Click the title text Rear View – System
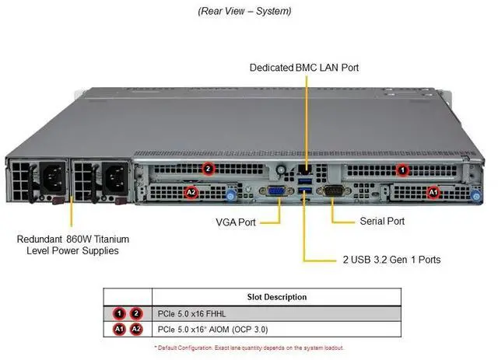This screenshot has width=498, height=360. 245,11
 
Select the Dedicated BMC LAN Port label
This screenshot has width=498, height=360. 304,68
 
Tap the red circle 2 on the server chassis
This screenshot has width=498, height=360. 207,168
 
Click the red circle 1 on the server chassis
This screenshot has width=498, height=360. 402,168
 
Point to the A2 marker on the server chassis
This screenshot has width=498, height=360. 191,191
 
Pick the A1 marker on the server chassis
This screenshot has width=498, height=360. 433,190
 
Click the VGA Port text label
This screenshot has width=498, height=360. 235,222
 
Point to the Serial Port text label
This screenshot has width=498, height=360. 381,221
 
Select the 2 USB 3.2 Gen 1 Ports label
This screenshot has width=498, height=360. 391,259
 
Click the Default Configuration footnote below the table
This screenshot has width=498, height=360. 249,347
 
